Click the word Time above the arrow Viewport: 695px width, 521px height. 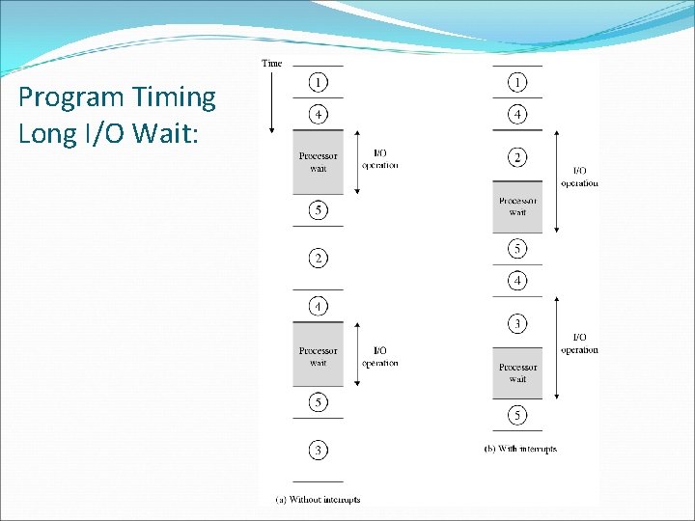[x=272, y=64]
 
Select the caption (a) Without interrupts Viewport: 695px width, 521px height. [x=318, y=499]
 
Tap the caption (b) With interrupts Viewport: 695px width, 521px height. [x=520, y=449]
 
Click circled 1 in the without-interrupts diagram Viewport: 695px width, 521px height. [x=318, y=82]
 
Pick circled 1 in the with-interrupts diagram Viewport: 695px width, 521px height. [x=517, y=82]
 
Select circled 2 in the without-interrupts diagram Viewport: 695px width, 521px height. [x=318, y=258]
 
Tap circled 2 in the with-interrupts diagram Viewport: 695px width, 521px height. [x=517, y=156]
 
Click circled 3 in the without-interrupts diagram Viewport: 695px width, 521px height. [x=318, y=450]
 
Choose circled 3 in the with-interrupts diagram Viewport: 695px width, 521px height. [x=517, y=322]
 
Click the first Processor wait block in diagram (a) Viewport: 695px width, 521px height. [x=318, y=162]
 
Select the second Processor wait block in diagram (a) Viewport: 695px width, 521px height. [x=318, y=356]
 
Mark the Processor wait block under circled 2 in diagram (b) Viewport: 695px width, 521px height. [x=517, y=206]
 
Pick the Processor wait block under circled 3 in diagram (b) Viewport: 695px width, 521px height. [x=517, y=372]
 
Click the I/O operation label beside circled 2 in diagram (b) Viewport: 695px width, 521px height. [x=579, y=177]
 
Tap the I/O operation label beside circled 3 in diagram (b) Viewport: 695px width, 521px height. [x=579, y=343]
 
